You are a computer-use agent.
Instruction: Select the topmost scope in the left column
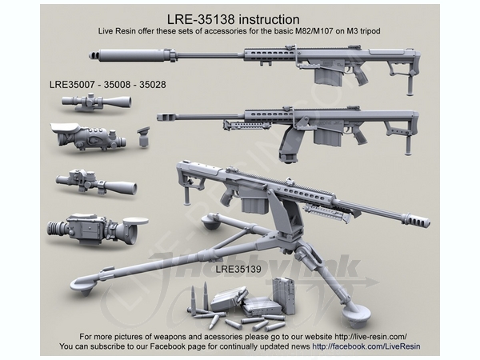(x=94, y=102)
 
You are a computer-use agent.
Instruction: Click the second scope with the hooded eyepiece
(x=86, y=138)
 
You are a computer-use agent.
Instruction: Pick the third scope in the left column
(x=90, y=182)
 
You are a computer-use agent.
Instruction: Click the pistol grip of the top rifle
(x=359, y=75)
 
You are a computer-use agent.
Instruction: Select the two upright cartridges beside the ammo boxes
(x=200, y=297)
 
